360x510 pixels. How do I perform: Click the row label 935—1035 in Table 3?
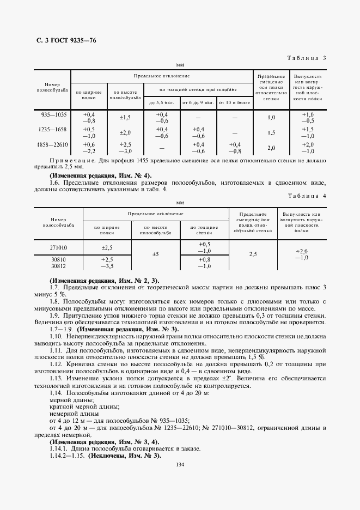point(53,114)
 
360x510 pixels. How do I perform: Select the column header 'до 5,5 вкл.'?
point(161,102)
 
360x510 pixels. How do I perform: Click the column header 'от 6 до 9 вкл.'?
point(198,102)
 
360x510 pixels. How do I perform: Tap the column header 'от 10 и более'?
point(234,102)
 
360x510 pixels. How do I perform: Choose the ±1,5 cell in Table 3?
point(125,118)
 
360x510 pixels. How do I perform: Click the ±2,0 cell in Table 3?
point(125,133)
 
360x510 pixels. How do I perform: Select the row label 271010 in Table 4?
point(58,247)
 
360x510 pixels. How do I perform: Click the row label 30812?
point(58,266)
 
